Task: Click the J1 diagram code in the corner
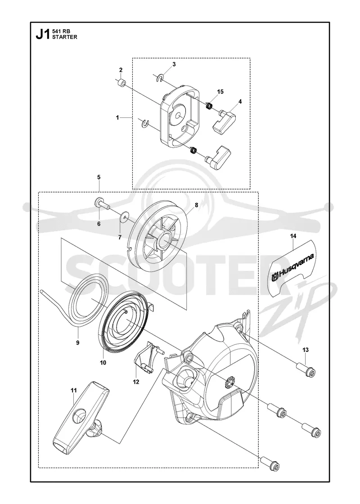pos(43,34)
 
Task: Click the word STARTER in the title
pos(65,37)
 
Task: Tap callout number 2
pos(121,70)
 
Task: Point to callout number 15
pos(220,92)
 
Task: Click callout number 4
pos(240,101)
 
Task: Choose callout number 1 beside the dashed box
pos(117,117)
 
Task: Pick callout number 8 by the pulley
pos(196,204)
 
